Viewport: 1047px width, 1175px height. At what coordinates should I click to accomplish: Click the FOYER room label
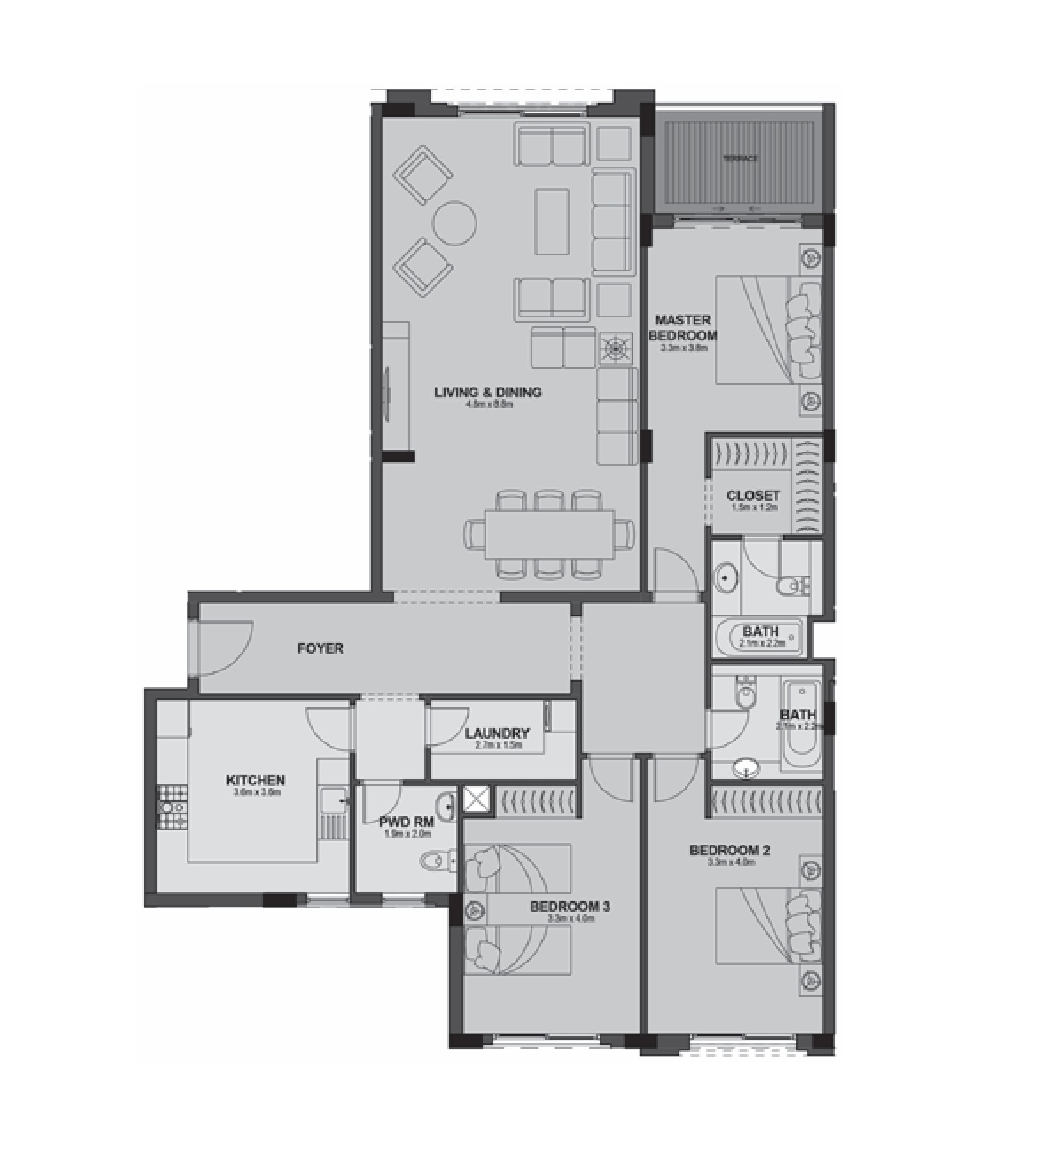(x=320, y=648)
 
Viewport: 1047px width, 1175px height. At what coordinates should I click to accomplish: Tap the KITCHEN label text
(x=255, y=781)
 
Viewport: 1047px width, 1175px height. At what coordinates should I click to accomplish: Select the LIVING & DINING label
(x=488, y=392)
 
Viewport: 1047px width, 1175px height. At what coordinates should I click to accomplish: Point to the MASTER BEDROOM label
(x=683, y=328)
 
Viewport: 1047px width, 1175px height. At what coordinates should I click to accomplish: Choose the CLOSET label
(x=753, y=496)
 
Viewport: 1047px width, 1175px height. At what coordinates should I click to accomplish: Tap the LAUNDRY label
(x=497, y=733)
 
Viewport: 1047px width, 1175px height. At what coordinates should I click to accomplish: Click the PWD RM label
(x=407, y=822)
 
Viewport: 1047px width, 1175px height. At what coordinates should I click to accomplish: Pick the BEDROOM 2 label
(x=730, y=851)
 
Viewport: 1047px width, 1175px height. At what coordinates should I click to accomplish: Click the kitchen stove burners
(x=172, y=807)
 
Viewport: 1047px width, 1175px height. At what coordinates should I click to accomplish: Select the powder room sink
(x=447, y=805)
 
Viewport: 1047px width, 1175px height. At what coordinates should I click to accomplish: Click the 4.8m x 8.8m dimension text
(x=488, y=405)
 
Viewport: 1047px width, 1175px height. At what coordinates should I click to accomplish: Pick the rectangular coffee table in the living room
(x=552, y=222)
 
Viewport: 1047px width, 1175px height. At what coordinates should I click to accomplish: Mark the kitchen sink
(x=334, y=801)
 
